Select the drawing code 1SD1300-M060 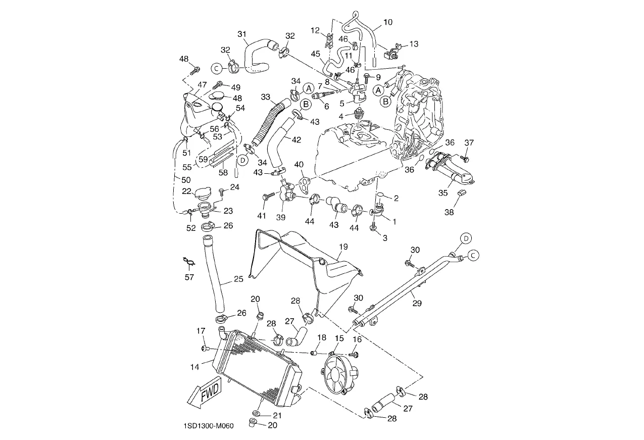pyautogui.click(x=209, y=426)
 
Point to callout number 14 pyautogui.click(x=195, y=367)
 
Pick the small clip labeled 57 pyautogui.click(x=188, y=261)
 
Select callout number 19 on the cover pyautogui.click(x=343, y=247)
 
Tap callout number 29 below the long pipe pyautogui.click(x=417, y=303)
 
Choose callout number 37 pyautogui.click(x=469, y=143)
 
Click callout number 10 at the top pyautogui.click(x=388, y=22)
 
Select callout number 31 pyautogui.click(x=242, y=34)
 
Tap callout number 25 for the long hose pyautogui.click(x=238, y=279)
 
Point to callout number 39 pyautogui.click(x=281, y=217)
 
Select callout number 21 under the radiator pyautogui.click(x=277, y=415)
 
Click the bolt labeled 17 pyautogui.click(x=205, y=349)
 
